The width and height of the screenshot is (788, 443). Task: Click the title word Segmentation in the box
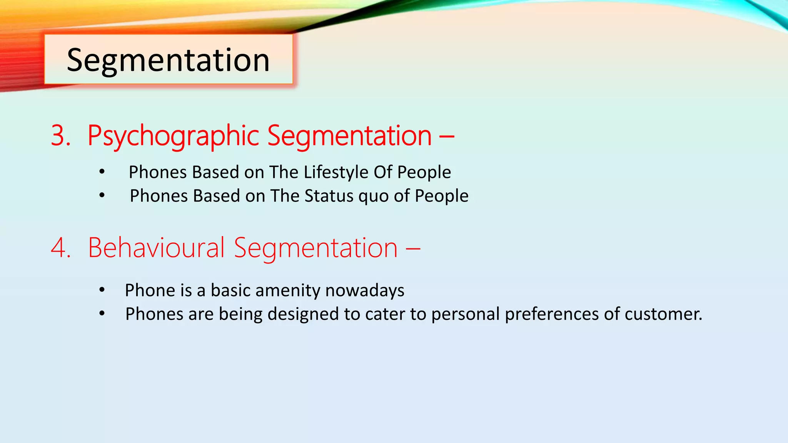coord(168,60)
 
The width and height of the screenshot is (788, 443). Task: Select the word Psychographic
coord(173,136)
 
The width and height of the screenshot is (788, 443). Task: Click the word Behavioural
coord(156,248)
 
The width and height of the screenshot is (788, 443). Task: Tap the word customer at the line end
coord(662,314)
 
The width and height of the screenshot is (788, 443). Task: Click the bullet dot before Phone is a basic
coord(102,290)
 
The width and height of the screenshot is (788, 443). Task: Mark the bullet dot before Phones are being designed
coord(102,314)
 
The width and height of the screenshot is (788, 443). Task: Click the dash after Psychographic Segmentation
coord(446,136)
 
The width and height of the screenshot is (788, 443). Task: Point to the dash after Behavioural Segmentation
coord(412,248)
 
